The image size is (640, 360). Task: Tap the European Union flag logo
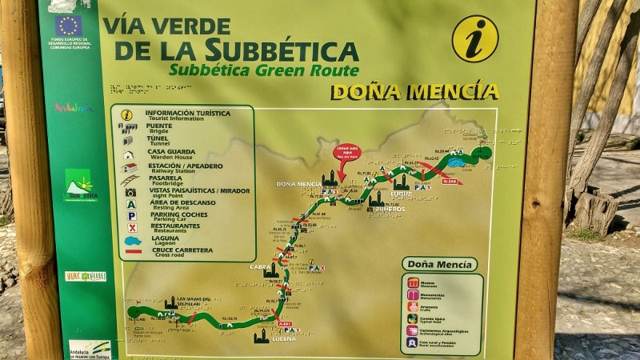click(x=68, y=25)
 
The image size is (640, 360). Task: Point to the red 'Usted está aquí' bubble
click(x=347, y=151)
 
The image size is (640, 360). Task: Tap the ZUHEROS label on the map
click(x=388, y=210)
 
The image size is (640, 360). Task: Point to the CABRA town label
click(x=261, y=266)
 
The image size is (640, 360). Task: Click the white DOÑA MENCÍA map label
click(x=298, y=184)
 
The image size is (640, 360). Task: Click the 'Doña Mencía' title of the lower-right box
click(x=438, y=264)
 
